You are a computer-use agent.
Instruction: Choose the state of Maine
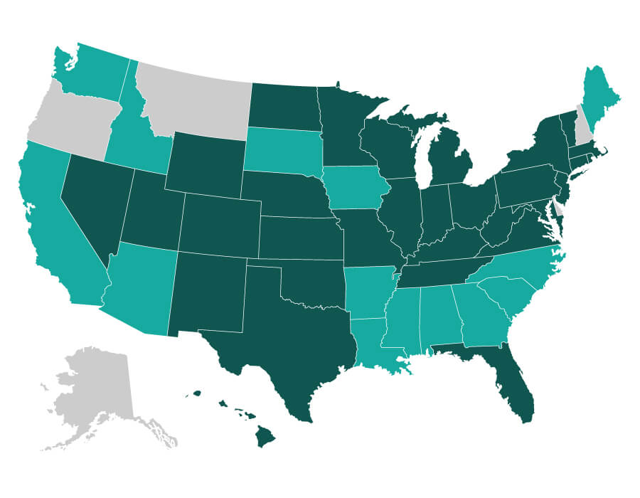[x=597, y=92]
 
